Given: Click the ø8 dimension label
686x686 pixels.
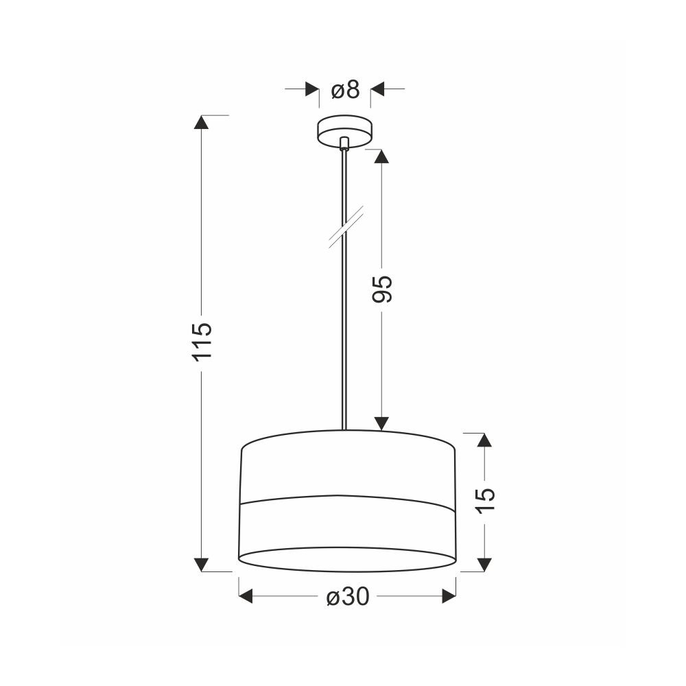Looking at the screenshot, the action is pos(345,90).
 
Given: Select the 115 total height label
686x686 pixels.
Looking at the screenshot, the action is pos(202,342).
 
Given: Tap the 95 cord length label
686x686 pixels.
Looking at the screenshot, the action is pos(381,289).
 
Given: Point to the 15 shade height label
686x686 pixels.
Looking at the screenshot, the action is pos(485,500).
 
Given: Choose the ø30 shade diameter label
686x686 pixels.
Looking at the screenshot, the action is pos(348,596).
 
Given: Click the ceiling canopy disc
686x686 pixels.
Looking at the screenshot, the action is pos(345,131).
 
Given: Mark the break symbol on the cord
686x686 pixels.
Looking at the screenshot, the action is pos(346,227).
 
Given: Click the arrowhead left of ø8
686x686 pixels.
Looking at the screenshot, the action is pos(312,88).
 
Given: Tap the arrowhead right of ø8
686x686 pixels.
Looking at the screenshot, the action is pos(377,88).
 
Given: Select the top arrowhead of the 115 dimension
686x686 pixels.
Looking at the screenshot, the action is pos(201,122).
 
